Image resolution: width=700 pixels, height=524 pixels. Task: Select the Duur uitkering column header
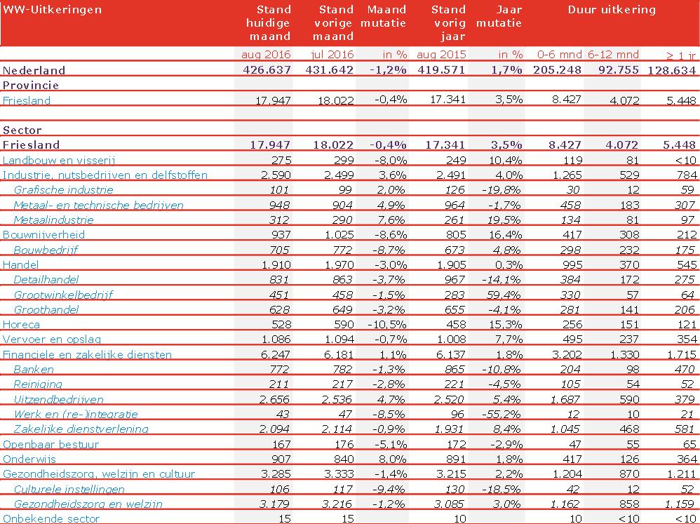[611, 10]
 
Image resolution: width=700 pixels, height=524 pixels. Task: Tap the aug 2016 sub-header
[266, 54]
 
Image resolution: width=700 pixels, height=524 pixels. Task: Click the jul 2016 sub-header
[332, 54]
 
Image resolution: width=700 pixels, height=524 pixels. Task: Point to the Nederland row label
[34, 70]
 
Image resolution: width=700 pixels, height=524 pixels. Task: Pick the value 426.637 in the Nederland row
[267, 70]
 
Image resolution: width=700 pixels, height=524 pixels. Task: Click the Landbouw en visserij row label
[59, 160]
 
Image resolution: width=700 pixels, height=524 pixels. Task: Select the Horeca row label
[21, 325]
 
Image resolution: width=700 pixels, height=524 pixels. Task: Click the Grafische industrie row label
[63, 189]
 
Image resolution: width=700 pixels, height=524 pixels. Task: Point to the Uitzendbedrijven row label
[59, 399]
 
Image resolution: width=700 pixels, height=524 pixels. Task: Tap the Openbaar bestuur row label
[51, 444]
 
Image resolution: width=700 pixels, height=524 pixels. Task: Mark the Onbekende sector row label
[51, 519]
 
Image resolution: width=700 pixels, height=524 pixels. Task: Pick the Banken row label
[34, 369]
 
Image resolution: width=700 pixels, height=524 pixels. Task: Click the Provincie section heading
[31, 85]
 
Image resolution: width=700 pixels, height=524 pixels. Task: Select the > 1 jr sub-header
[680, 54]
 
